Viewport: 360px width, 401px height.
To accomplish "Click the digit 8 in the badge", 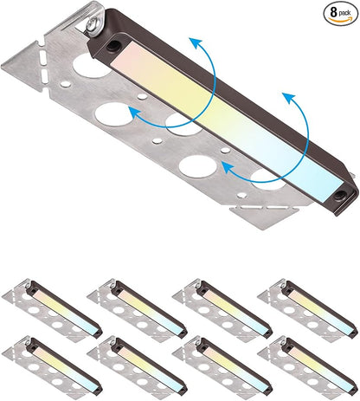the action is point(334,12).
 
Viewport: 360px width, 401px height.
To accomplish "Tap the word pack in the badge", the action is point(344,13).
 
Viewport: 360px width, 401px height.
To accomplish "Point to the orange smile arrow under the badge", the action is point(340,20).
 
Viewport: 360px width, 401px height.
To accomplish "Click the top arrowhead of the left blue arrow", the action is point(196,43).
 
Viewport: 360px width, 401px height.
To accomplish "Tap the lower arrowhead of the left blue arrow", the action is point(133,112).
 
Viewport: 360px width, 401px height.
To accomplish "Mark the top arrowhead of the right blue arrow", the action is point(289,98).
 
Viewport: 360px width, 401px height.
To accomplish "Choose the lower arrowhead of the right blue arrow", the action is point(228,168).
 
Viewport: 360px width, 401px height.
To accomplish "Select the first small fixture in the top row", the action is point(52,311).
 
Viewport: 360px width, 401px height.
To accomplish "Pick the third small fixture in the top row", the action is point(222,311).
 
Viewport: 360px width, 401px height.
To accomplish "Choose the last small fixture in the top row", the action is point(308,311).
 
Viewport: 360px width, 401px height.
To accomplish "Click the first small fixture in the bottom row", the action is point(52,367).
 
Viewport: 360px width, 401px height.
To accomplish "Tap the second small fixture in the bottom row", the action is point(137,367).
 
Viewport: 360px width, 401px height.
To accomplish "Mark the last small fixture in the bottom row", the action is point(308,367).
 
